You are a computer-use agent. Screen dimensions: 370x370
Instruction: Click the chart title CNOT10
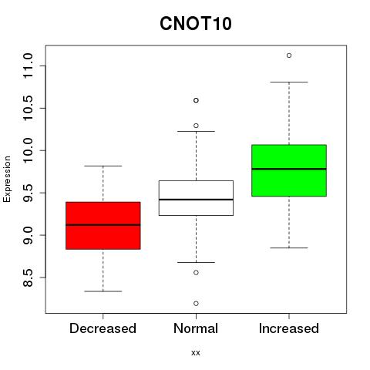(x=196, y=23)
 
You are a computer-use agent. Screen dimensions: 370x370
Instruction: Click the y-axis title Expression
(x=7, y=179)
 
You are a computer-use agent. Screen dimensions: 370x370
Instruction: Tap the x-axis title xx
(x=196, y=352)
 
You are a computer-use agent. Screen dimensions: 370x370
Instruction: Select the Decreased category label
(x=103, y=328)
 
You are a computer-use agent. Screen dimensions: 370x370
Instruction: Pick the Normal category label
(x=196, y=328)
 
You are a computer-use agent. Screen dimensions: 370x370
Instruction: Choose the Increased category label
(x=289, y=328)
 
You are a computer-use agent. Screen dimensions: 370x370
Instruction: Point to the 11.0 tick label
(x=28, y=66)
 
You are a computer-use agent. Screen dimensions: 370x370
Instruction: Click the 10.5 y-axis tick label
(x=28, y=108)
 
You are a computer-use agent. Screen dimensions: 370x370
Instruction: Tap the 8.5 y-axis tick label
(x=28, y=277)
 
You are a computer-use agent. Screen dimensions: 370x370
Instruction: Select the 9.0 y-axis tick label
(x=28, y=235)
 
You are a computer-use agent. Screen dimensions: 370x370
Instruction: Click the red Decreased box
(x=103, y=226)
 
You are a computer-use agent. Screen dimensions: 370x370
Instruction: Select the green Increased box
(x=289, y=170)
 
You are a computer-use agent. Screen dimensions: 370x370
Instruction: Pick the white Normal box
(x=196, y=198)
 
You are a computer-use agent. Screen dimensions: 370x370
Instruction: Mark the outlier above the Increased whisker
(x=289, y=55)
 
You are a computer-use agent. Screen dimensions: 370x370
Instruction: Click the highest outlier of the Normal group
(x=196, y=100)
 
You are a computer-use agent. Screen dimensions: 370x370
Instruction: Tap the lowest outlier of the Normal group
(x=196, y=304)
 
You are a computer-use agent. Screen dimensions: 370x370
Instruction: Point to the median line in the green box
(x=289, y=169)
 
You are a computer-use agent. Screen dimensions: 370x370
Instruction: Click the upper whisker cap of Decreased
(x=103, y=166)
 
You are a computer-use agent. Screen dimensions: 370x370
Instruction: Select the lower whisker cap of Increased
(x=289, y=247)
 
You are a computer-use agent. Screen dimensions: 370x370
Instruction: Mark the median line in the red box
(x=103, y=225)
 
